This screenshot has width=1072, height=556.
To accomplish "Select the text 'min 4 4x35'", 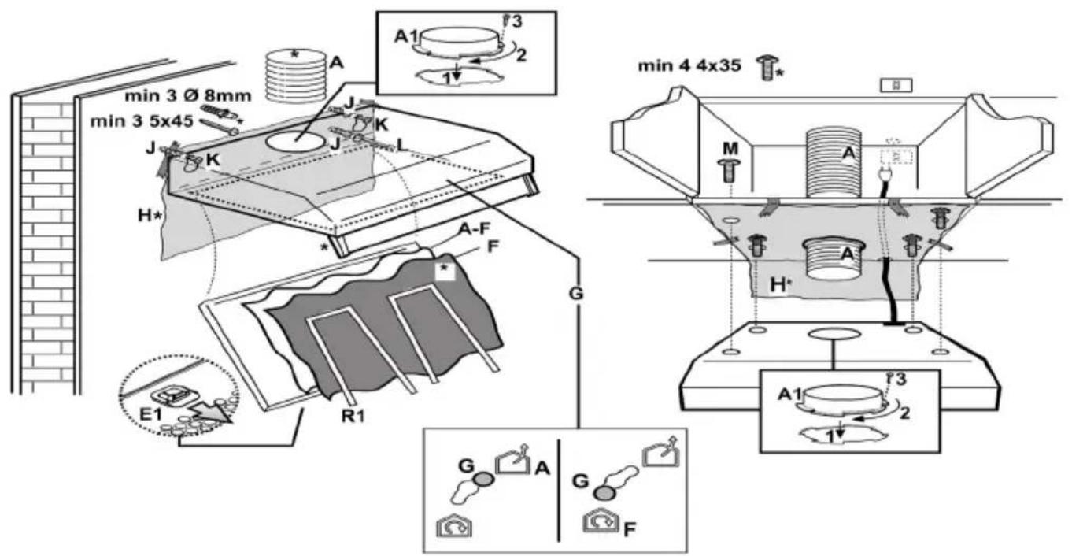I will pos(689,66).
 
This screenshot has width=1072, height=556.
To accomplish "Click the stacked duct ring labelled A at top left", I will pos(295,76).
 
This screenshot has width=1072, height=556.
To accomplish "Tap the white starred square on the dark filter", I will pos(445,270).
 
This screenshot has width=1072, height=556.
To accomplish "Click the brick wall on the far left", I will pos(44,252).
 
